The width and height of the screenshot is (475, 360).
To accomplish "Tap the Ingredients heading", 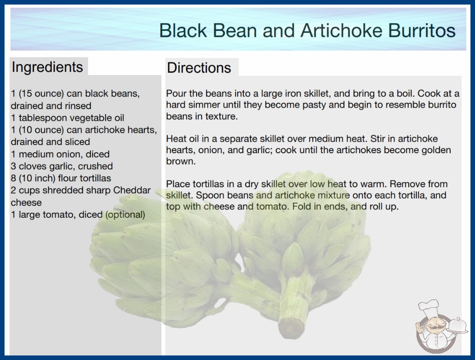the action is pos(47,67).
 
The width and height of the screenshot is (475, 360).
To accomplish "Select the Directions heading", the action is pos(199,68).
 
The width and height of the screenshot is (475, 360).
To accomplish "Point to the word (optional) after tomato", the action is pos(125,215).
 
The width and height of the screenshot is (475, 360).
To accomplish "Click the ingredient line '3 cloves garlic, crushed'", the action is pos(62,166).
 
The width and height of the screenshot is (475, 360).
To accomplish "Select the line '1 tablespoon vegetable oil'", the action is pos(68,118).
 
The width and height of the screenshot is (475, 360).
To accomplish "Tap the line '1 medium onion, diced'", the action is pos(60,154).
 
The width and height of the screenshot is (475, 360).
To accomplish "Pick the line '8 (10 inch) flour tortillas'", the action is pos(61,178).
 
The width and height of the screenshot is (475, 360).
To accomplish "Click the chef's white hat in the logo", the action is pos(429,307).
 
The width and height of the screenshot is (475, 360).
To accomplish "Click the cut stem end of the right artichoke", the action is pos(291,328).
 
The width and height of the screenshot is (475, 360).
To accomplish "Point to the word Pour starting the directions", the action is pos(177,94).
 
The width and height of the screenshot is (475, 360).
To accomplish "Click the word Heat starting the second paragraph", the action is pos(177,139).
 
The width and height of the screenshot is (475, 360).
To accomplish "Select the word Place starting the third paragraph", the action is pos(178,184).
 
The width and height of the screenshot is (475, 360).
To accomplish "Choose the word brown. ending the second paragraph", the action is pos(181,161).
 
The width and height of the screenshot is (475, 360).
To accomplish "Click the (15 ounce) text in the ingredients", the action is pos(41,94).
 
